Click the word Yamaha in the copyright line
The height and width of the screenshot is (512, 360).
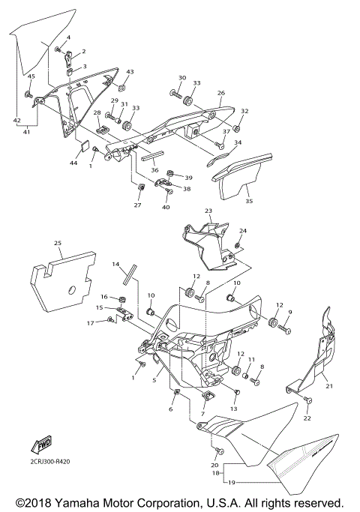point(67,502)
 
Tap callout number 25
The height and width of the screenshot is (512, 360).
point(58,243)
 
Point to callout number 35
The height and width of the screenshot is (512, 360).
point(250,201)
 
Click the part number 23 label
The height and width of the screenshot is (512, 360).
point(208,211)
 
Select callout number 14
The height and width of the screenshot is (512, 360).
point(116,265)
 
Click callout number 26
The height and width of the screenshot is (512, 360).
point(220,94)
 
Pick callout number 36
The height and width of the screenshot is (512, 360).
point(154,170)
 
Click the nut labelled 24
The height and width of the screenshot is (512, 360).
point(237,245)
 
